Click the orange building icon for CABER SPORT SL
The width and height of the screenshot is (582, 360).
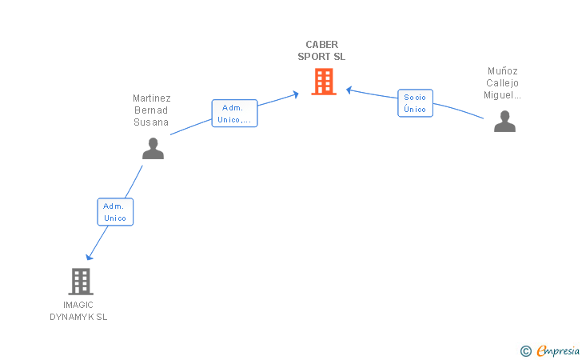[324, 82]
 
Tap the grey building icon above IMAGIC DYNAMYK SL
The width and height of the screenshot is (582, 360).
[81, 282]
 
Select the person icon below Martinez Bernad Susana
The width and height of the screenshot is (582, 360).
[153, 148]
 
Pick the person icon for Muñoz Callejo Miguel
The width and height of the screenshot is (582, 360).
[504, 121]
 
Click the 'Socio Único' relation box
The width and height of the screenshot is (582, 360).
[415, 103]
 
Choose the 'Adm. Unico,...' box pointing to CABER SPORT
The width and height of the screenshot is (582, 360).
[234, 114]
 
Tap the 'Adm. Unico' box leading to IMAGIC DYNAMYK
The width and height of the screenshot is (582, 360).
[115, 212]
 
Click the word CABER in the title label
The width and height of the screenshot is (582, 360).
[322, 45]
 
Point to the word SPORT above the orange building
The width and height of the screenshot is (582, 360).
[314, 57]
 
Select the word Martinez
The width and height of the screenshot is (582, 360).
[151, 98]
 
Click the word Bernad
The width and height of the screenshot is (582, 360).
[151, 110]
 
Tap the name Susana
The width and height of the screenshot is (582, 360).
[151, 122]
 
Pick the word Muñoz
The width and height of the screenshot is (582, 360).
[503, 71]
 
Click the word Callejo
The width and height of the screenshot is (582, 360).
[502, 83]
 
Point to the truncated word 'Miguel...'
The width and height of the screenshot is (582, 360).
[502, 95]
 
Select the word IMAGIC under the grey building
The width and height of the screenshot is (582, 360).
[78, 305]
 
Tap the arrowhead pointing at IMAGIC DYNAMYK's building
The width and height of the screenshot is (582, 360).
[89, 257]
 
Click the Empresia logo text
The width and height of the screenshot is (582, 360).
[558, 350]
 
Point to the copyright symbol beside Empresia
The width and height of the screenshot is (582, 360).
[525, 351]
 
